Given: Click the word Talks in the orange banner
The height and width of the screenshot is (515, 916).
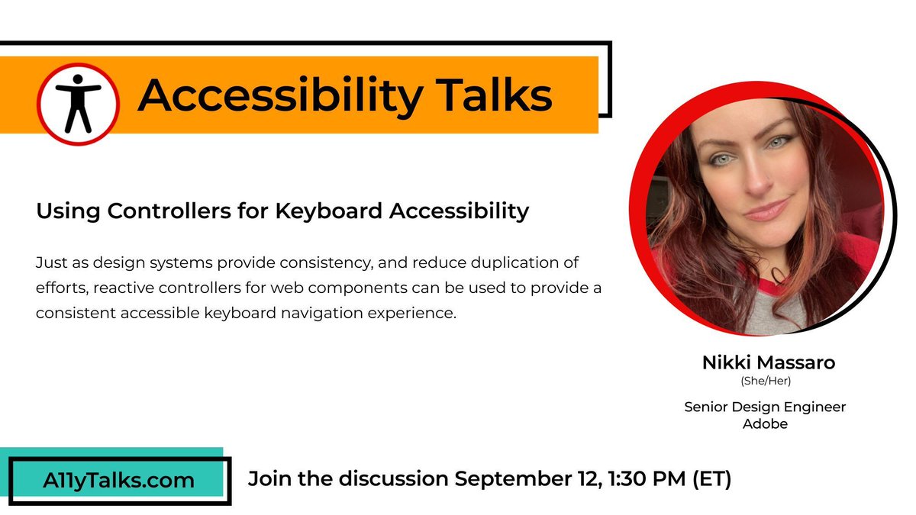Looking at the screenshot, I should click(x=482, y=95).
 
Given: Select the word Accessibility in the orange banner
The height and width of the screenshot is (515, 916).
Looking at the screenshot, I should click(x=279, y=96).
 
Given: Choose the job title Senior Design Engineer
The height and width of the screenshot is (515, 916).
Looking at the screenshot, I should click(x=765, y=407).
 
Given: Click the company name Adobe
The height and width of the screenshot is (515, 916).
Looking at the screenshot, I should click(x=765, y=423).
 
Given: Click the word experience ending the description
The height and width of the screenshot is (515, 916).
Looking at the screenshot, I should click(x=422, y=313).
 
